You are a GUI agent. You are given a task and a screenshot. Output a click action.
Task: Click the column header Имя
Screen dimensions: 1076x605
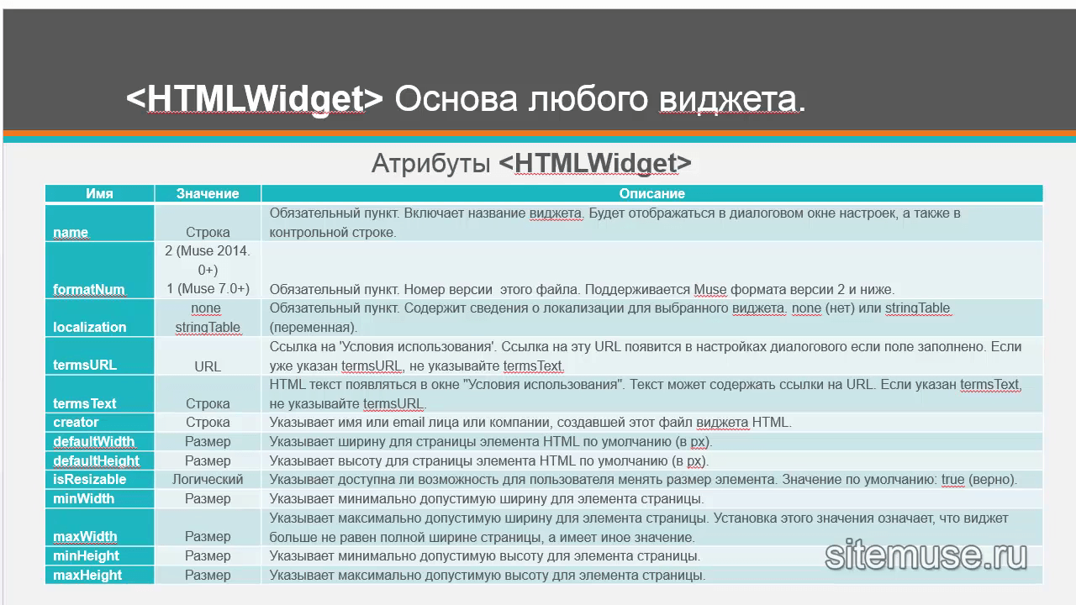[x=99, y=193]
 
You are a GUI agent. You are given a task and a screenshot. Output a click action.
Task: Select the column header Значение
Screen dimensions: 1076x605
[x=208, y=193]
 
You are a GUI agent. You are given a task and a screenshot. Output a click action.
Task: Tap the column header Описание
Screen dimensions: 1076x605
[x=651, y=193]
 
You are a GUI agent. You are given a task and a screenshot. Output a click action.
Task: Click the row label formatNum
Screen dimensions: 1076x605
[x=89, y=290]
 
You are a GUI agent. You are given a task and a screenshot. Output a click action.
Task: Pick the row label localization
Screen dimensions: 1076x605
[x=90, y=327]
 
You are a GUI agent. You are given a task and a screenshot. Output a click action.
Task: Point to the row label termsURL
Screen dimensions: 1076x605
[x=85, y=365]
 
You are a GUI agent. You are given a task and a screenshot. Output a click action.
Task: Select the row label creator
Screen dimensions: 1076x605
[x=76, y=422]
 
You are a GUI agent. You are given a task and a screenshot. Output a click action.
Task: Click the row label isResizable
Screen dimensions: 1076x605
[x=90, y=479]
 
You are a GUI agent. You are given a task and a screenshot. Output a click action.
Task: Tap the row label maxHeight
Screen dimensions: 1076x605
[x=87, y=575]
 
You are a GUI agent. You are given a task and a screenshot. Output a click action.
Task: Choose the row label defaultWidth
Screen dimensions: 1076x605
[x=93, y=441]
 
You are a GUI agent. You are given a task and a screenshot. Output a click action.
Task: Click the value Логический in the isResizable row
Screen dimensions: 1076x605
[x=208, y=479]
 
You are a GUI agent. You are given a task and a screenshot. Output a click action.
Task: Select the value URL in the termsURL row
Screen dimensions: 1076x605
[x=208, y=366]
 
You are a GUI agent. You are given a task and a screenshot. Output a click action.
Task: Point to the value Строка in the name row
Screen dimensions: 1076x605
[x=208, y=233]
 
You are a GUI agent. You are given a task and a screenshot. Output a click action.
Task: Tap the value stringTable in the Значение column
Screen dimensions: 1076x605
[x=208, y=327]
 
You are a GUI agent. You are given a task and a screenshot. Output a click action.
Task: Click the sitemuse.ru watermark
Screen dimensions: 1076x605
[x=926, y=555]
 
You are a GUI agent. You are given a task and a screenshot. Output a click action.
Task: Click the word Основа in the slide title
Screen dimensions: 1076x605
[x=456, y=98]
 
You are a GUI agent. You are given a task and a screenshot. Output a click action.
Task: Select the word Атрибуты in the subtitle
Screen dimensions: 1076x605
[x=431, y=163]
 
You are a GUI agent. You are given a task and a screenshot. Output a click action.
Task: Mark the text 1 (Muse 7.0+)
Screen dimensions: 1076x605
[x=208, y=288]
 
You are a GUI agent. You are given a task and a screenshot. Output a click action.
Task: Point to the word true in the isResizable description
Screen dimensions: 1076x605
[x=953, y=479]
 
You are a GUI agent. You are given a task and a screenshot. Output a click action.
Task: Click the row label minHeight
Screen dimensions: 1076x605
[x=86, y=555]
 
